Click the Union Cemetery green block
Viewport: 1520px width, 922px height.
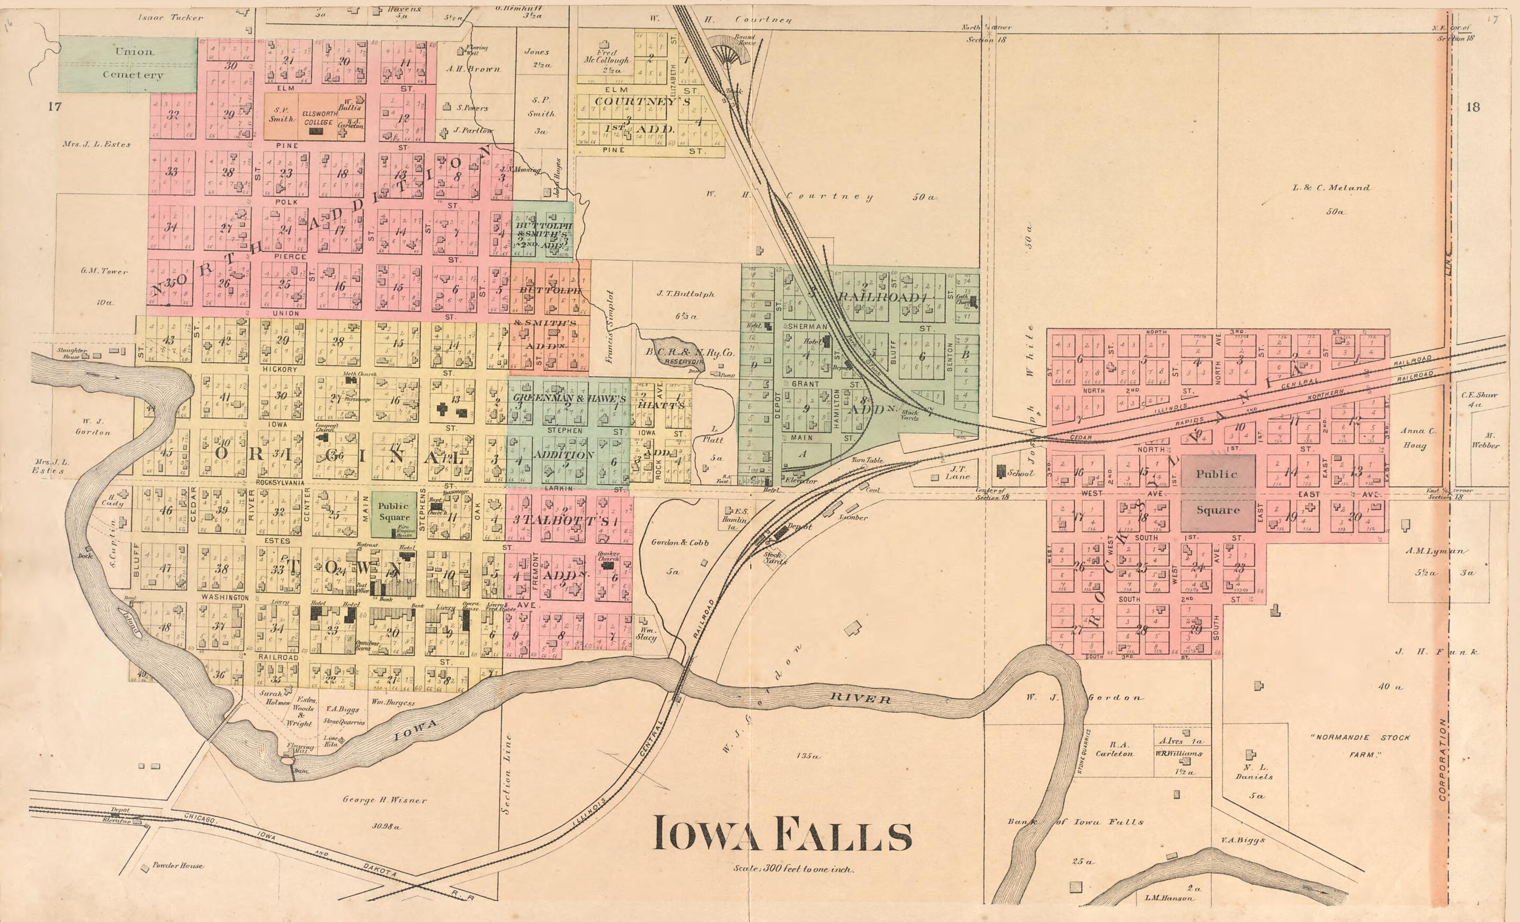click(128, 64)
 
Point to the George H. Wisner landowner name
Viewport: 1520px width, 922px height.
click(385, 800)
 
